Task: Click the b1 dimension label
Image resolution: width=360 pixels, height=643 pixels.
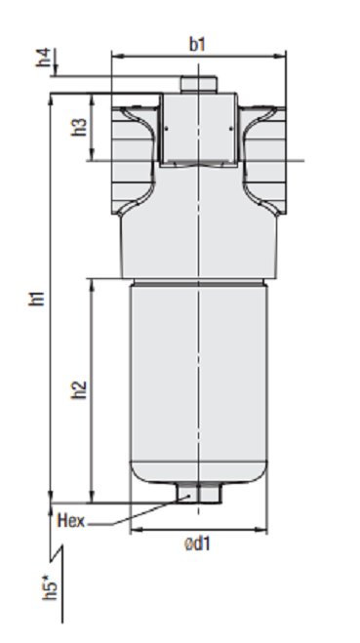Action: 197,44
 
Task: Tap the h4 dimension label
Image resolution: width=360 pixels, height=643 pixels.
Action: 44,58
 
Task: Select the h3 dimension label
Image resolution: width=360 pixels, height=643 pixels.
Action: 80,127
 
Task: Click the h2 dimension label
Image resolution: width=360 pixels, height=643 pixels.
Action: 80,390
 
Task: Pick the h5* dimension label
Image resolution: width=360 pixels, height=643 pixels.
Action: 50,588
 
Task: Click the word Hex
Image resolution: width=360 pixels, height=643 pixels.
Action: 71,520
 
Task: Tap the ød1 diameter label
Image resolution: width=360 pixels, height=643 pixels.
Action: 197,543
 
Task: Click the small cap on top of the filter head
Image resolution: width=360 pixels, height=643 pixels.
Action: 199,84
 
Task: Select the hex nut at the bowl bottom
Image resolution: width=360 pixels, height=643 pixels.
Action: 199,493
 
